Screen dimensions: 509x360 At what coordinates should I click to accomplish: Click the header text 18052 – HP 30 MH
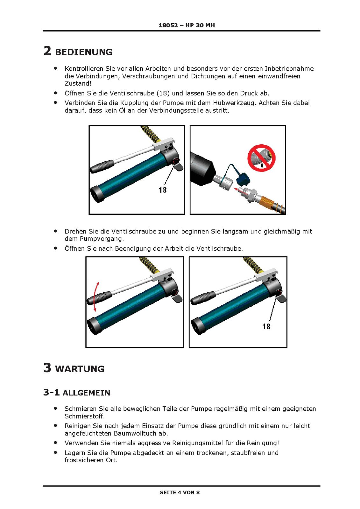(187, 25)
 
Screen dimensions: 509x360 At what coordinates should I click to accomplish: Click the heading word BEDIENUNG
(84, 52)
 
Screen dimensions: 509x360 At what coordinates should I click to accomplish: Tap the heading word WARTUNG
(80, 369)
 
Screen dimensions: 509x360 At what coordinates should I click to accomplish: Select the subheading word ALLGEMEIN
(86, 393)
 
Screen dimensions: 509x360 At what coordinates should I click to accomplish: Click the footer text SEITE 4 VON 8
(180, 492)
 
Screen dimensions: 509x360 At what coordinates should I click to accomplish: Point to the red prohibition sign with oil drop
(261, 158)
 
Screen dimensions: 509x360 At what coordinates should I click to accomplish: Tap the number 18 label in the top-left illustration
(162, 190)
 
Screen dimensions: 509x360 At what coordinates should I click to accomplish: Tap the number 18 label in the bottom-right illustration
(266, 326)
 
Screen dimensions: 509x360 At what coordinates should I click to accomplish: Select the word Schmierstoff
(84, 416)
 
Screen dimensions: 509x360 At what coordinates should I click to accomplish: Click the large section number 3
(47, 368)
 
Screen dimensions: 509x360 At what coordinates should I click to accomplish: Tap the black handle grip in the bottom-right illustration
(203, 298)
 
